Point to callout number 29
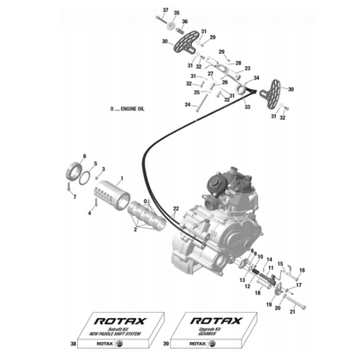213,39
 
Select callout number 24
186,105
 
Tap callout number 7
75,197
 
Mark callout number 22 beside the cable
176,208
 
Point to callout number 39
165,344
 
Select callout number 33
248,107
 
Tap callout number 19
266,306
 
